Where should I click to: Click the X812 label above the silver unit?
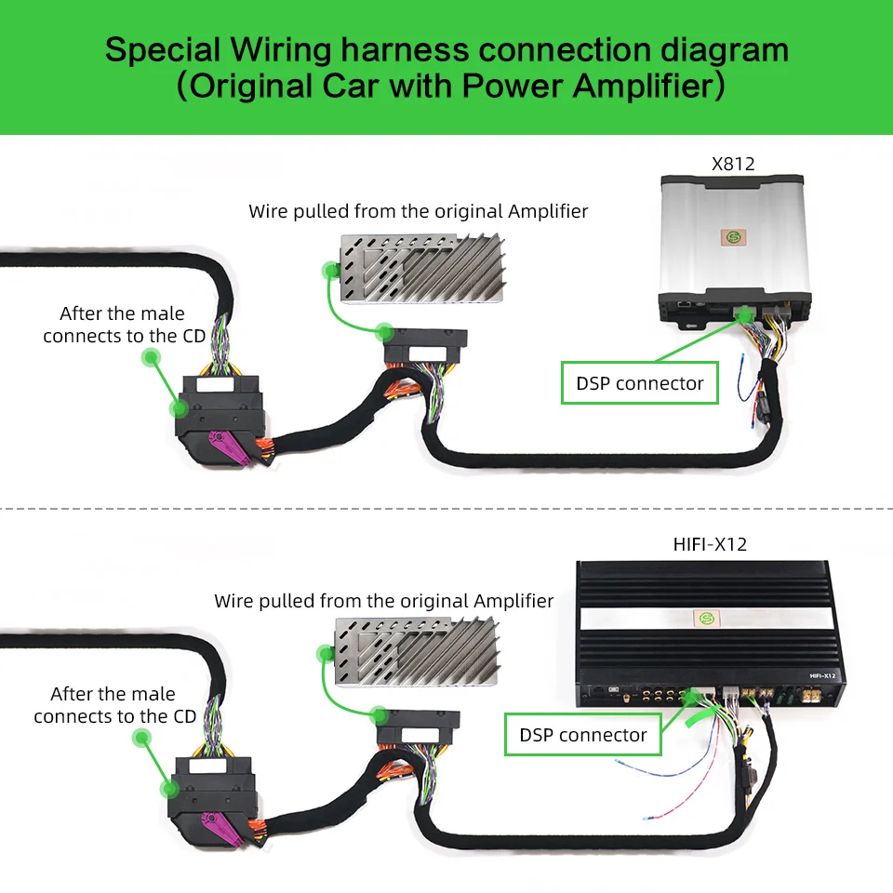[x=733, y=165]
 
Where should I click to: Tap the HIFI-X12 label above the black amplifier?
[x=709, y=545]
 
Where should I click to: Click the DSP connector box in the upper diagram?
[x=640, y=383]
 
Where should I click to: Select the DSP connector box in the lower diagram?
[x=583, y=735]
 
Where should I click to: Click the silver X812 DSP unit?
[x=735, y=242]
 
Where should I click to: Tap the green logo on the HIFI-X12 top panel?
[x=705, y=617]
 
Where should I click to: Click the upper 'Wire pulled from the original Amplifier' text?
[x=418, y=211]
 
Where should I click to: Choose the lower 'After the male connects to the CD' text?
[x=115, y=705]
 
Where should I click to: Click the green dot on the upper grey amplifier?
[x=329, y=271]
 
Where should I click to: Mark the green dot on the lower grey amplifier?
[x=326, y=654]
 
